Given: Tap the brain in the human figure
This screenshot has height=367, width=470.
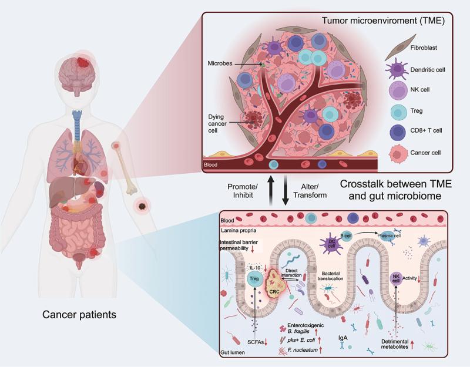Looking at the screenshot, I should click(x=80, y=77).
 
